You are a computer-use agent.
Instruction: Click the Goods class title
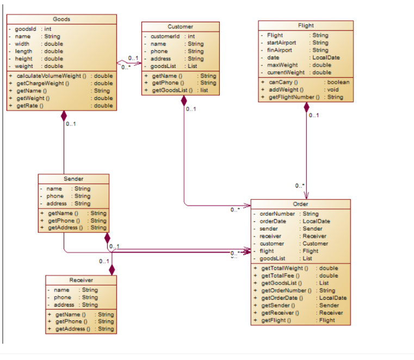[61, 20]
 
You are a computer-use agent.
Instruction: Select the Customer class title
[180, 26]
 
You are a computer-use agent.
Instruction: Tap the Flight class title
[306, 26]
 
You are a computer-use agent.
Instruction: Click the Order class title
[300, 204]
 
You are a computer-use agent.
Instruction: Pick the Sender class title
[73, 179]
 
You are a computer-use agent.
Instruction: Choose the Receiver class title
[81, 280]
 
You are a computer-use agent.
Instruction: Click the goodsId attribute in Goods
[26, 29]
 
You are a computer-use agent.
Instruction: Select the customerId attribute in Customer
[165, 36]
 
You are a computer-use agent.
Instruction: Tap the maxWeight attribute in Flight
[280, 65]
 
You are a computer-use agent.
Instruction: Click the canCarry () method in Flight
[281, 82]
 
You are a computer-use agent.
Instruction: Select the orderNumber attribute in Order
[277, 214]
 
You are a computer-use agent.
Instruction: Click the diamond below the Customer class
[184, 101]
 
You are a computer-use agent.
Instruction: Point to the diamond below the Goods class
[64, 116]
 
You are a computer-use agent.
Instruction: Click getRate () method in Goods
[30, 105]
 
